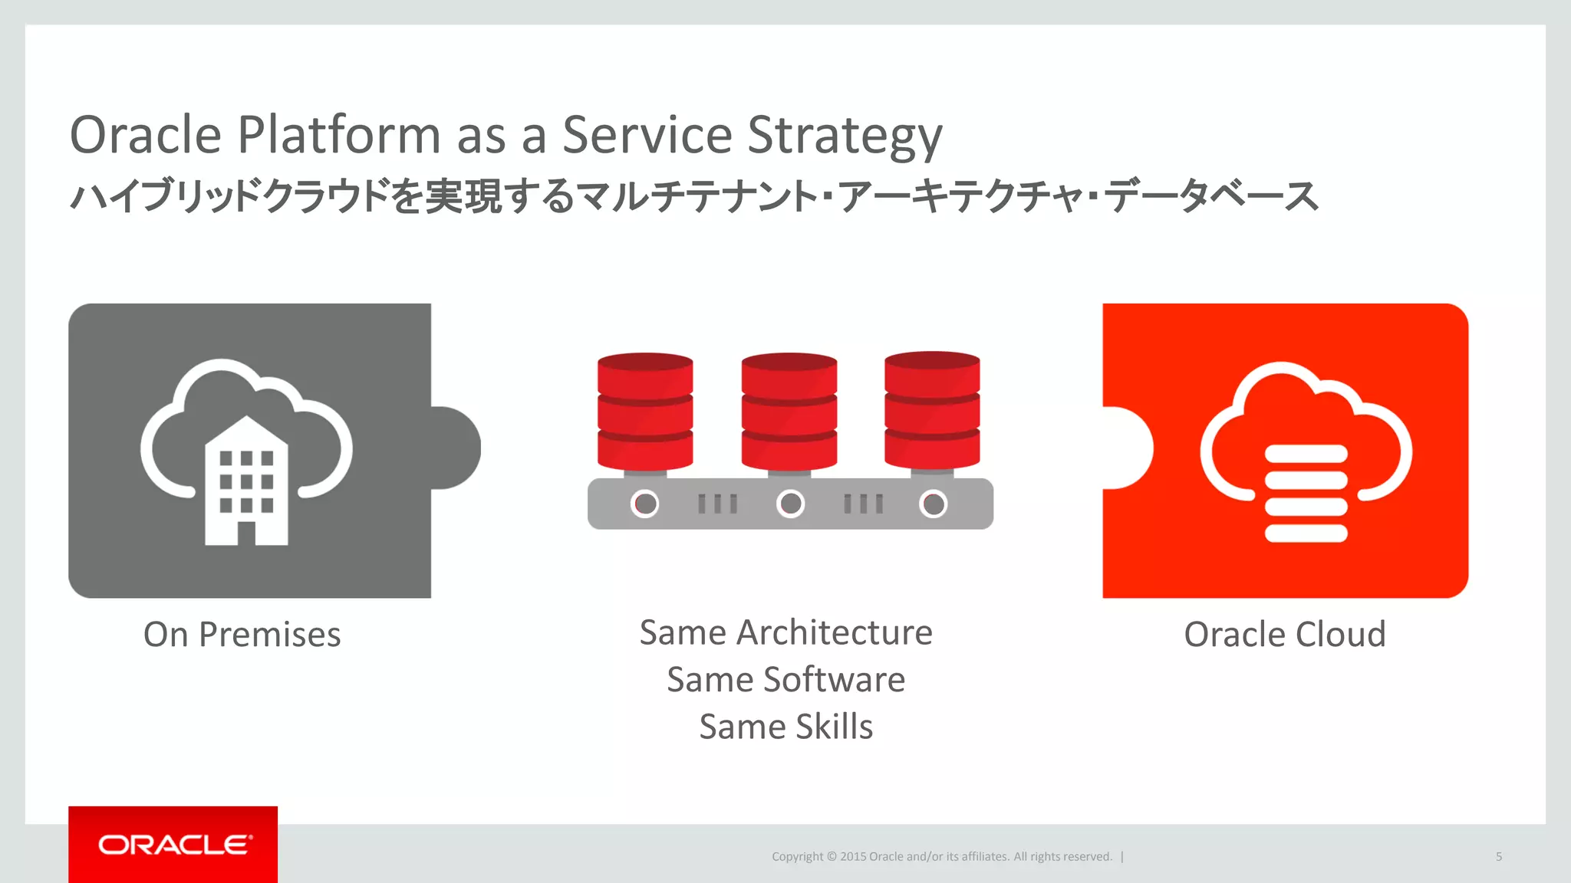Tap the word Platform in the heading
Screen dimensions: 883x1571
click(339, 135)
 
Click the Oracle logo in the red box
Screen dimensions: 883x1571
click(173, 845)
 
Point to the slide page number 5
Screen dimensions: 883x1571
click(1498, 856)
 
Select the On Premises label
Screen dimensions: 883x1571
click(242, 635)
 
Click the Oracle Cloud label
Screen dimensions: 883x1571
click(1285, 635)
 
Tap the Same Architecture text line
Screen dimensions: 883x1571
click(785, 633)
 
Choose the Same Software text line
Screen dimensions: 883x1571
click(785, 680)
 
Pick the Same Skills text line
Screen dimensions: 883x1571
click(785, 727)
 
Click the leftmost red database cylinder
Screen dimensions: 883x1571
click(645, 412)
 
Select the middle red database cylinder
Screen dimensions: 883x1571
click(789, 412)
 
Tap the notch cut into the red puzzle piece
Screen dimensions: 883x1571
click(1126, 448)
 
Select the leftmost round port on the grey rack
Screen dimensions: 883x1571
click(645, 504)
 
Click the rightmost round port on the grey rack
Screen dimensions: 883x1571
click(934, 504)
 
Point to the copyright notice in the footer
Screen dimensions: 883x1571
click(941, 856)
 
